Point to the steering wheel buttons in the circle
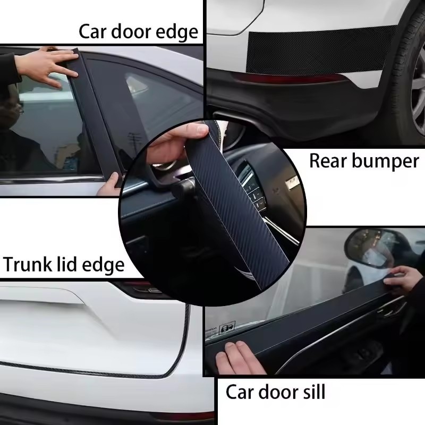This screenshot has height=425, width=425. [x=253, y=189]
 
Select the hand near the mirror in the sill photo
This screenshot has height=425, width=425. [x=403, y=279]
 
